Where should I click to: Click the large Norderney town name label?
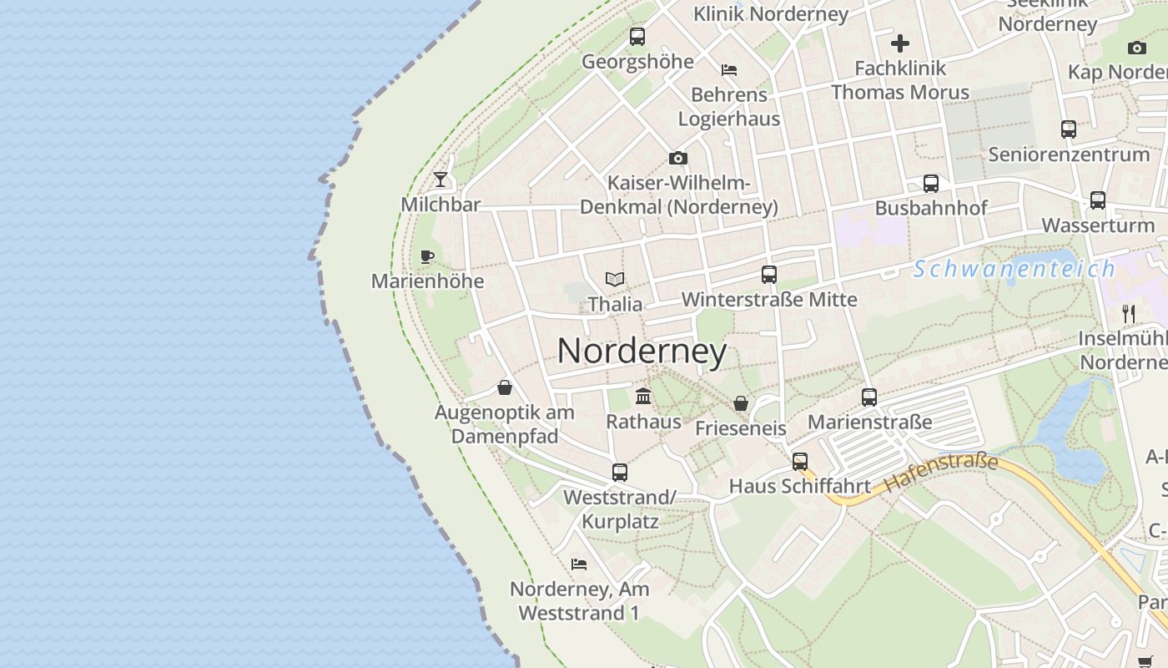(x=642, y=351)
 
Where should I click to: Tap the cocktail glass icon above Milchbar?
(x=441, y=180)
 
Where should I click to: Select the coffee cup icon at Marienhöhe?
(x=427, y=256)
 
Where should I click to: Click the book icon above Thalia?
(x=615, y=280)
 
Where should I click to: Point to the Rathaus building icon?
(x=643, y=396)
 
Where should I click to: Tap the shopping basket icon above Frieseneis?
(x=741, y=404)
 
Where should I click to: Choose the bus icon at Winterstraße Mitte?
(x=769, y=275)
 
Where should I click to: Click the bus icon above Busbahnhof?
(x=931, y=184)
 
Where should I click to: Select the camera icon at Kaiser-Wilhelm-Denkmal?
(x=678, y=158)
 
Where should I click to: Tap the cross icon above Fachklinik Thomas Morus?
(x=900, y=43)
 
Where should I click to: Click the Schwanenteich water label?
(x=1014, y=269)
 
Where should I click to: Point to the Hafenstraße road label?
(x=941, y=472)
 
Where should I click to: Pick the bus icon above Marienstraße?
(x=869, y=397)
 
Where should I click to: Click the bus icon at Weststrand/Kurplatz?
(x=620, y=473)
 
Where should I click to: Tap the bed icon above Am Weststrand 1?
(x=579, y=564)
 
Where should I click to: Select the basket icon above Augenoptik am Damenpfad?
(x=505, y=387)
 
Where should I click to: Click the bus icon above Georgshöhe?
(x=637, y=37)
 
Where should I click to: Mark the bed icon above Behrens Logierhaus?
(x=729, y=70)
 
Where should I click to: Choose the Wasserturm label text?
(x=1098, y=225)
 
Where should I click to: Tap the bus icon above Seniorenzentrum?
(x=1069, y=129)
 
